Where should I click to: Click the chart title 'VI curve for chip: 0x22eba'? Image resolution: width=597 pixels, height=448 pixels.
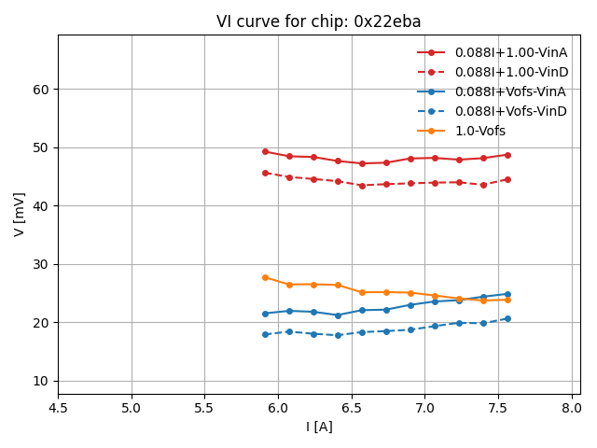point(318,21)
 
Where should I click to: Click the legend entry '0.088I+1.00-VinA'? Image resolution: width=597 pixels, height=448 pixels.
point(510,52)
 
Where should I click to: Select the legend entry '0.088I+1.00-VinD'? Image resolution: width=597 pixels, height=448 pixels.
point(510,72)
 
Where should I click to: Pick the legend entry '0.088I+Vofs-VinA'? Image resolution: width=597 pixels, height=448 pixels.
point(510,91)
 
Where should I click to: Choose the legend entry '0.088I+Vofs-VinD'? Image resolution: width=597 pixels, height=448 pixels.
point(510,111)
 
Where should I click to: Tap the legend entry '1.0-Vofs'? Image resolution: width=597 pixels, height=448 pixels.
point(479,131)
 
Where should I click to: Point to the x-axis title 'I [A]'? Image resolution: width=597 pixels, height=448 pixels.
point(319,427)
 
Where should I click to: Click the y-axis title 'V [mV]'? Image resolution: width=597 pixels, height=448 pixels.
point(21,214)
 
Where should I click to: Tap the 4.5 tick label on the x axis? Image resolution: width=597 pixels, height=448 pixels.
point(58,407)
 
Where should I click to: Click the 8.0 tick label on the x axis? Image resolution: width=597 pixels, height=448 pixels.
point(572,407)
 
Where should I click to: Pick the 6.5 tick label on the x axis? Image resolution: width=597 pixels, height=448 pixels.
point(352,407)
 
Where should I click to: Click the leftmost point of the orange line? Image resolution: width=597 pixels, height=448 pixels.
point(265,277)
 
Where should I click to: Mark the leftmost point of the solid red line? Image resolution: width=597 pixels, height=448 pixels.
point(265,151)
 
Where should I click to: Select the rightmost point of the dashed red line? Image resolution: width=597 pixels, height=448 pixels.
point(507,179)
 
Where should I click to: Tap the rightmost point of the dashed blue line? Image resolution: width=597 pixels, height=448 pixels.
point(507,318)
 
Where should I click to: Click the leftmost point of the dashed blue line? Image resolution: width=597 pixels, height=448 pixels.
point(265,334)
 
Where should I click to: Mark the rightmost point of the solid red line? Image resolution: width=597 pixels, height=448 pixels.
point(507,155)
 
